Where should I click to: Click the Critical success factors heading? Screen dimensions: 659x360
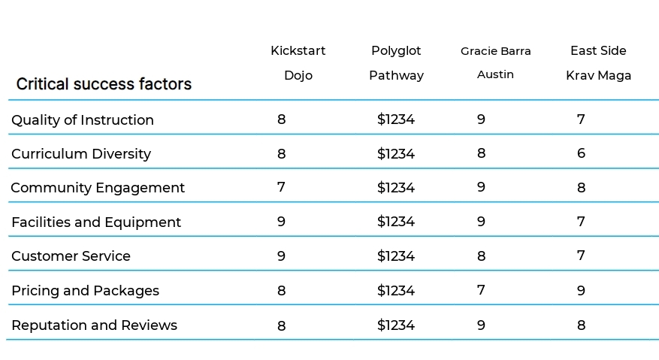[x=104, y=84]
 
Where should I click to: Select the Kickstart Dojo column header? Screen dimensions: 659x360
[x=298, y=63]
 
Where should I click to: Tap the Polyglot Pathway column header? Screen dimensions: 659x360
[x=396, y=63]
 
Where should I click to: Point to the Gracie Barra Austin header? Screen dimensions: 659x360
[x=495, y=62]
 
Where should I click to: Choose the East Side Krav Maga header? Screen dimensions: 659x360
[x=598, y=63]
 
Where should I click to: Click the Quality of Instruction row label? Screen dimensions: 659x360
[x=83, y=119]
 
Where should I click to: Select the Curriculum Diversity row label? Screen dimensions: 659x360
[x=81, y=154]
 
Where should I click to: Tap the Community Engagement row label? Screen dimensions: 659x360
[x=98, y=188]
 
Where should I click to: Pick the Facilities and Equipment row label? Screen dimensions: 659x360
[x=96, y=222]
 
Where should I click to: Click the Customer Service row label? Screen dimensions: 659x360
[x=71, y=256]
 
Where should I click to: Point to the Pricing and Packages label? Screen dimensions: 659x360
[x=86, y=291]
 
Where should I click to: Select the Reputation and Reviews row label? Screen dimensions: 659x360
[x=94, y=325]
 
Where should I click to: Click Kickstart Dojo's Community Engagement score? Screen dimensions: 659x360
[x=281, y=186]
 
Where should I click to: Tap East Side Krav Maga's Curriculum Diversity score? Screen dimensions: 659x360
[x=581, y=153]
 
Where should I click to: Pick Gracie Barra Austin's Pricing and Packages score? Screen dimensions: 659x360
[x=481, y=290]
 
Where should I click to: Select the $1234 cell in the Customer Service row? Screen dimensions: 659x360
[x=396, y=256]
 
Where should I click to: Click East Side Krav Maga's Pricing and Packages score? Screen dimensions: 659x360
[x=581, y=290]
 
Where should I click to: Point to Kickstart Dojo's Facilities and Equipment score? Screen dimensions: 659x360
[x=281, y=221]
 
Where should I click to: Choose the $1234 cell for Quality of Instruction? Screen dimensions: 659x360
[x=396, y=119]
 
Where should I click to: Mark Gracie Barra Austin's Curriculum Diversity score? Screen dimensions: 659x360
[x=481, y=153]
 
